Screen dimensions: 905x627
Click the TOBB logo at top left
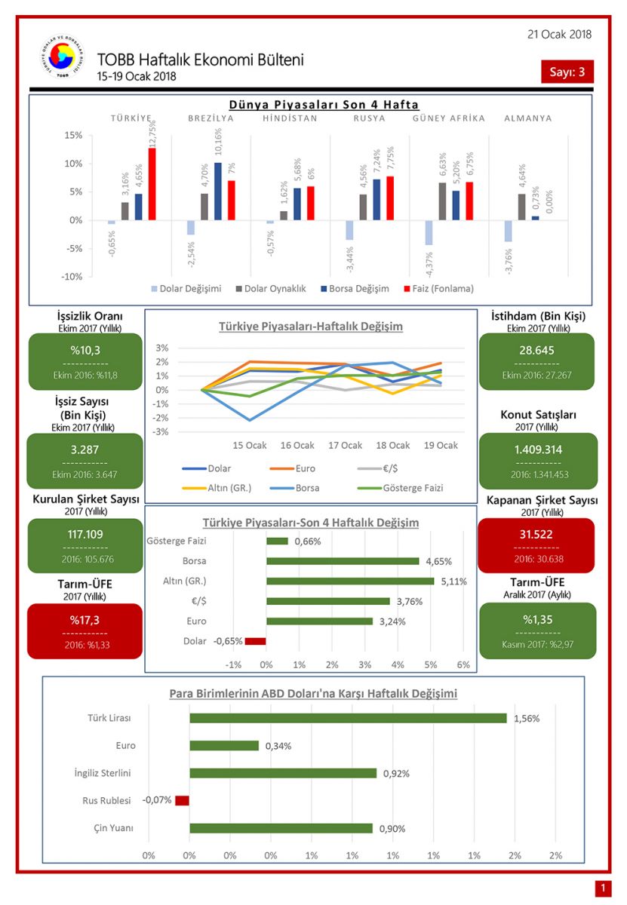(61, 59)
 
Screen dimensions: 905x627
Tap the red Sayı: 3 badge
(567, 72)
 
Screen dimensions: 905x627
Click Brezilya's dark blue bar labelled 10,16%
(217, 191)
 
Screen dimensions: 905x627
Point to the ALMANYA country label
(528, 118)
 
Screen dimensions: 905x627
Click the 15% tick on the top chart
(72, 135)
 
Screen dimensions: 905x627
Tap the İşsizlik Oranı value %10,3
(85, 350)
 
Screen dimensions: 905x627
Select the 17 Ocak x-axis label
(346, 445)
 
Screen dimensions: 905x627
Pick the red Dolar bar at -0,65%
(256, 641)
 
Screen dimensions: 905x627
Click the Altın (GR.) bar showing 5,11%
(350, 581)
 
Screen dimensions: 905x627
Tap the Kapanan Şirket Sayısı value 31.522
(536, 534)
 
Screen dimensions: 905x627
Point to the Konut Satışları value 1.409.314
(536, 450)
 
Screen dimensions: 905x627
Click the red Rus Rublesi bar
(182, 800)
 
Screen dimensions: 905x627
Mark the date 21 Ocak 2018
(560, 34)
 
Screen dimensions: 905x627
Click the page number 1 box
(602, 888)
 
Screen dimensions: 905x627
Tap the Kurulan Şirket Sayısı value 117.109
(85, 534)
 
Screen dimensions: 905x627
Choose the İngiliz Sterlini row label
(103, 773)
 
